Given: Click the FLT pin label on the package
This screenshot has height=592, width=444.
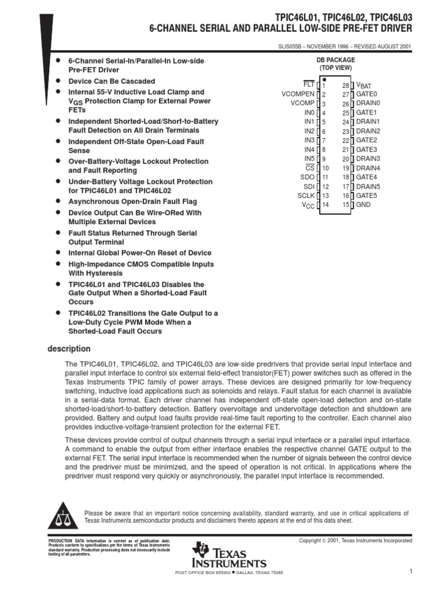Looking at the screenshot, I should pyautogui.click(x=308, y=85).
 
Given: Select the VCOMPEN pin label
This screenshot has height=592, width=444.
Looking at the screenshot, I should pyautogui.click(x=298, y=94).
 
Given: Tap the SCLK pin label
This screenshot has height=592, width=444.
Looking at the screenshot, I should pyautogui.click(x=306, y=195).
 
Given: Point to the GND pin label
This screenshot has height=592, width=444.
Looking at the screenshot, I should pyautogui.click(x=364, y=205).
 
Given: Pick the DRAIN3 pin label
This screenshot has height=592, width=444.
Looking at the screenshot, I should pyautogui.click(x=368, y=158).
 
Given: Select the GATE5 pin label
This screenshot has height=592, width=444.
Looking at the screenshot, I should pyautogui.click(x=367, y=195).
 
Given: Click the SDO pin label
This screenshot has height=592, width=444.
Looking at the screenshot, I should pyautogui.click(x=307, y=177).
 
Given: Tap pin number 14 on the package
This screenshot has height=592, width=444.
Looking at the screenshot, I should pyautogui.click(x=324, y=205).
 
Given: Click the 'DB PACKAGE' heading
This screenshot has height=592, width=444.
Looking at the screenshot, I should pyautogui.click(x=335, y=60).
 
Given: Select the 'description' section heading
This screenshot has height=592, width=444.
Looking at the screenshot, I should pyautogui.click(x=68, y=349).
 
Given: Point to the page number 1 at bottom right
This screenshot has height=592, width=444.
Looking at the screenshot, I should pyautogui.click(x=409, y=572).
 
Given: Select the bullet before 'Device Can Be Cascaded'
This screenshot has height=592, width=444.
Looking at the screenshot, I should pyautogui.click(x=58, y=81).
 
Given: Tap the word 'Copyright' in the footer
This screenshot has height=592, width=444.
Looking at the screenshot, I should pyautogui.click(x=310, y=541).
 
